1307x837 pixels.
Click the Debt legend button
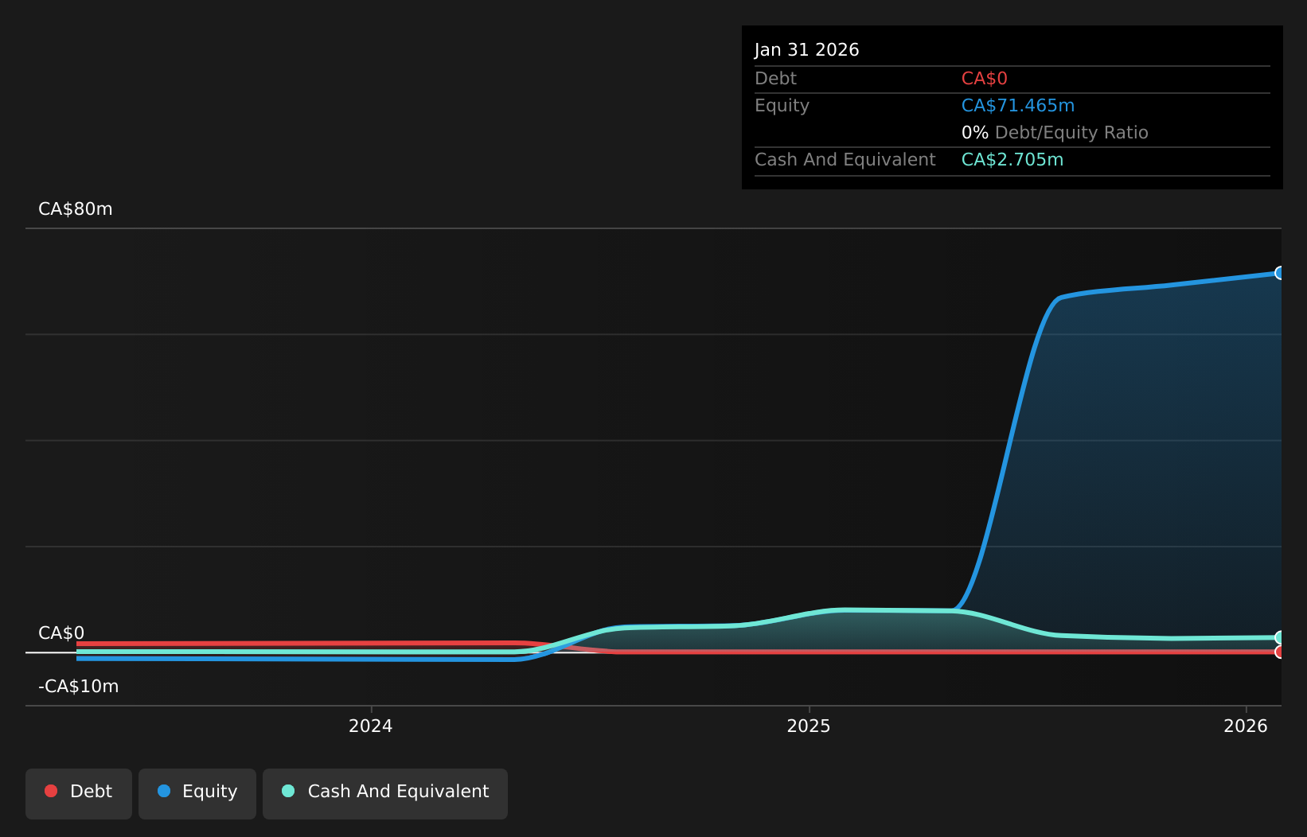(x=79, y=794)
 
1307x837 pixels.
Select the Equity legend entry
(x=197, y=794)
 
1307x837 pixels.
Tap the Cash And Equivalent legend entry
(x=385, y=794)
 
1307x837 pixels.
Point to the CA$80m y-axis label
(x=76, y=208)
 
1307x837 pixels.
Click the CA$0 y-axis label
(x=61, y=633)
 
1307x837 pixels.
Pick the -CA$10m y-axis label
(x=78, y=687)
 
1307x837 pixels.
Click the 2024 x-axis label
(x=370, y=726)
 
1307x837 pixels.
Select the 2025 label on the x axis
(x=809, y=726)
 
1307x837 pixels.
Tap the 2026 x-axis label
(x=1246, y=726)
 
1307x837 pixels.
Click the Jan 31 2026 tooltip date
(x=807, y=50)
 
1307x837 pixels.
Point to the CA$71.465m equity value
(x=1018, y=106)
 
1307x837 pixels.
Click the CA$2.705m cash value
(x=1012, y=160)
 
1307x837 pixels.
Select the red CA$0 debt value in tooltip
(x=985, y=79)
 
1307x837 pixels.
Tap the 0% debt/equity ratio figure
(x=975, y=133)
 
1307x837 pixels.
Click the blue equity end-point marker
(x=1280, y=273)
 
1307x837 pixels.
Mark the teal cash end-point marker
(x=1280, y=637)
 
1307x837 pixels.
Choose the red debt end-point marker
(x=1280, y=652)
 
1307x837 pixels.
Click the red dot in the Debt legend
(x=52, y=791)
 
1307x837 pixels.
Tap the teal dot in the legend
(x=288, y=791)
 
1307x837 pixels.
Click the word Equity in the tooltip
(x=782, y=106)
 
